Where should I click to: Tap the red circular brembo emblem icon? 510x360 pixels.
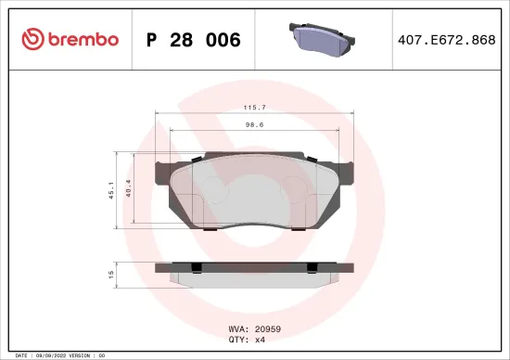[x=32, y=39]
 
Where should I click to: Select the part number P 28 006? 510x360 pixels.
[x=194, y=40]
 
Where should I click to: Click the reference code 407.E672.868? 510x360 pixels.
[x=446, y=40]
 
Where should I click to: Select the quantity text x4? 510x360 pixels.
[x=261, y=340]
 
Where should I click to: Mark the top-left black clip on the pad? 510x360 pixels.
[x=197, y=160]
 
